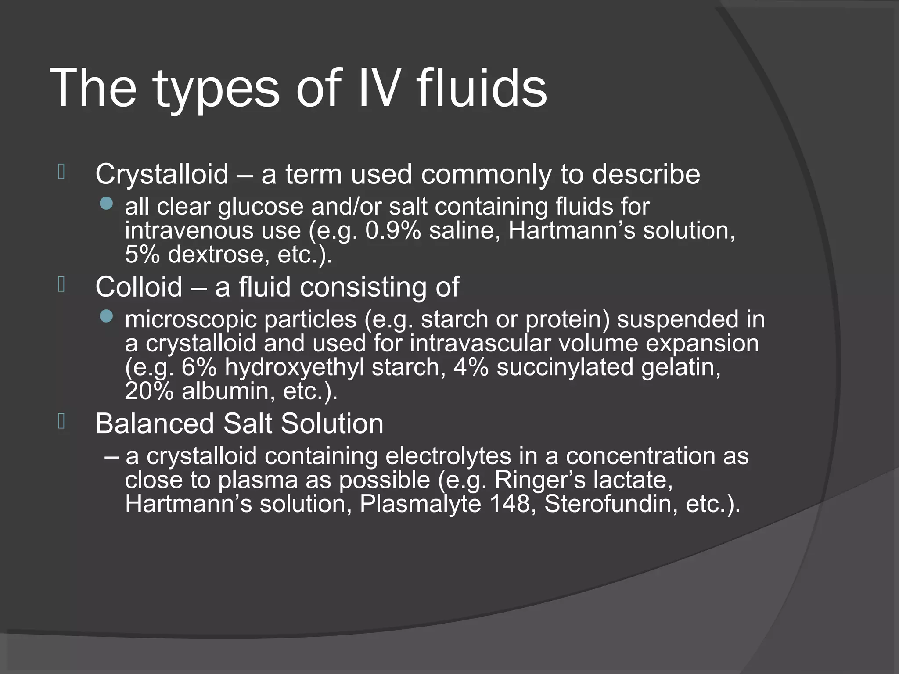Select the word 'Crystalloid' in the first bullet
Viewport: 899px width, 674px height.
(x=162, y=174)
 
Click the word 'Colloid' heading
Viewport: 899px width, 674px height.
(x=139, y=287)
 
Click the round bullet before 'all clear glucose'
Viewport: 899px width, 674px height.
(x=106, y=203)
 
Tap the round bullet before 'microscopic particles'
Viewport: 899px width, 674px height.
(x=106, y=316)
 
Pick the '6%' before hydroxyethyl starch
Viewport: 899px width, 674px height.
(x=199, y=367)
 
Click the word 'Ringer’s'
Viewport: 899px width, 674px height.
(x=539, y=480)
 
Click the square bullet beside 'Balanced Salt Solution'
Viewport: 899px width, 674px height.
(x=61, y=421)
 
